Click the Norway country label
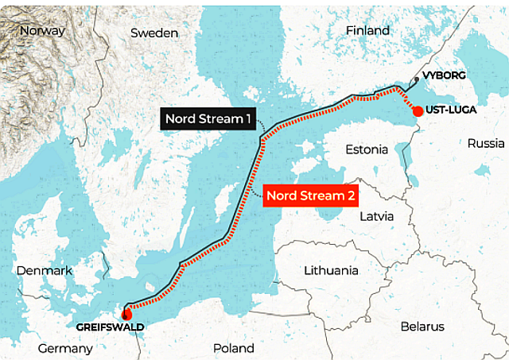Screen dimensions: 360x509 42,30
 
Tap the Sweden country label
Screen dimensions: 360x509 154,33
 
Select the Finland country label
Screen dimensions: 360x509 367,30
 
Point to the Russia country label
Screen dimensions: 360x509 486,143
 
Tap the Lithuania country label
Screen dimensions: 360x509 331,270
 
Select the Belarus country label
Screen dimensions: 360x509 422,327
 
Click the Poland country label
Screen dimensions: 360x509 234,348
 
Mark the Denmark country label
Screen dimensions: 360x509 45,270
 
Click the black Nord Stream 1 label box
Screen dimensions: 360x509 208,120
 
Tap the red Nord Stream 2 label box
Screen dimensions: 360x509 309,195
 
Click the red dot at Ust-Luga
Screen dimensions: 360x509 418,111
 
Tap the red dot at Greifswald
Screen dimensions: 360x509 126,312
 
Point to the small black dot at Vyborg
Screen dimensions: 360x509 414,82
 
